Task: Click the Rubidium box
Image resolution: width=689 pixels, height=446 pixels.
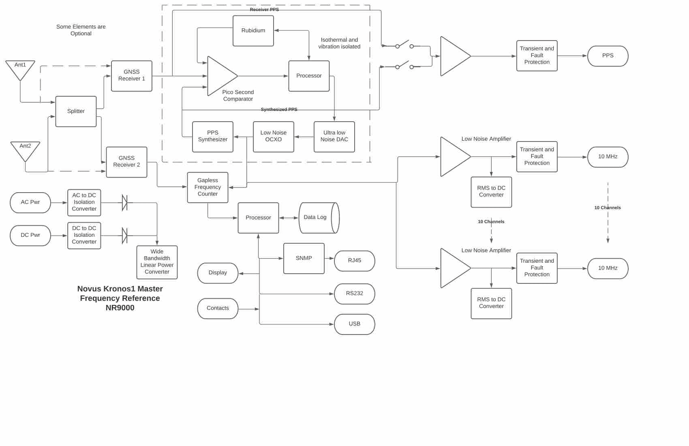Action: [x=253, y=31]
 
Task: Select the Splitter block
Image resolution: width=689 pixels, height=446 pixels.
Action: [x=76, y=111]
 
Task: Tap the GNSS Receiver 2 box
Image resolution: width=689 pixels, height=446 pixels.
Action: [x=126, y=162]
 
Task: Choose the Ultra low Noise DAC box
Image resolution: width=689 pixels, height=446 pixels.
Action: [x=334, y=137]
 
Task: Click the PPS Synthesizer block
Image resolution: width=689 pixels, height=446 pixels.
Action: [x=212, y=137]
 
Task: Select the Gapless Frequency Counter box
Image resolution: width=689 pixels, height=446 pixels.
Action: [x=208, y=187]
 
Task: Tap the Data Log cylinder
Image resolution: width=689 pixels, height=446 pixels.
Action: [x=319, y=218]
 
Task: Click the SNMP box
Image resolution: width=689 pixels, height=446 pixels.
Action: [x=304, y=258]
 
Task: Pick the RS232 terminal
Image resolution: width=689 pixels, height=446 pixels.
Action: [x=354, y=294]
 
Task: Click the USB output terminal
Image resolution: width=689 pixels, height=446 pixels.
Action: [x=354, y=324]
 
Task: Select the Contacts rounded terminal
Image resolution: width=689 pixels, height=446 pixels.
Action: [x=218, y=309]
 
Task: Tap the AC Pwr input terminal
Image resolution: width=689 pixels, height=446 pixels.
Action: [x=30, y=202]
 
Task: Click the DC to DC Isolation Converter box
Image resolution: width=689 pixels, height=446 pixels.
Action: [x=84, y=235]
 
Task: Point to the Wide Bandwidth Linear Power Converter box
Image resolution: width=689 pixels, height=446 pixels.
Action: [x=157, y=262]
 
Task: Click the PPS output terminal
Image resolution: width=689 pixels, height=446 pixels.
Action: [x=608, y=56]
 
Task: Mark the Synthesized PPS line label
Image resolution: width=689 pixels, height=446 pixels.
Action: [x=279, y=109]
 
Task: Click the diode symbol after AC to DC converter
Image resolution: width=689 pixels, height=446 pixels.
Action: [x=125, y=203]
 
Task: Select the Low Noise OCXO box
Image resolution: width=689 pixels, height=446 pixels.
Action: [x=273, y=137]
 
